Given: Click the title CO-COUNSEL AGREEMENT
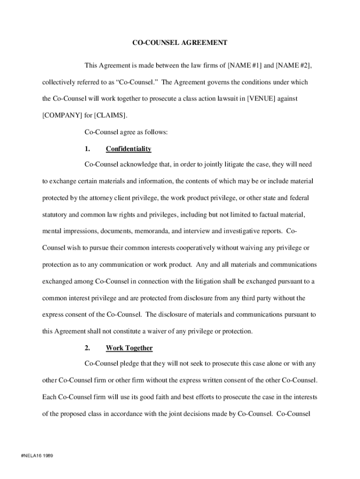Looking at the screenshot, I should (180, 43).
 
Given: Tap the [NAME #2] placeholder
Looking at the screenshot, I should (294, 65).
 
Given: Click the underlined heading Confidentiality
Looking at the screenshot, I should (129, 149).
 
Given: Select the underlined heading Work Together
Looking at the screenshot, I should (129, 348).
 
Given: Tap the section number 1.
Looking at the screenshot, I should (87, 149).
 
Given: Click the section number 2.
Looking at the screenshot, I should (87, 348).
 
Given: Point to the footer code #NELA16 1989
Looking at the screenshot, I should (34, 456).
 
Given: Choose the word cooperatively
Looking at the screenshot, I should (193, 247).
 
